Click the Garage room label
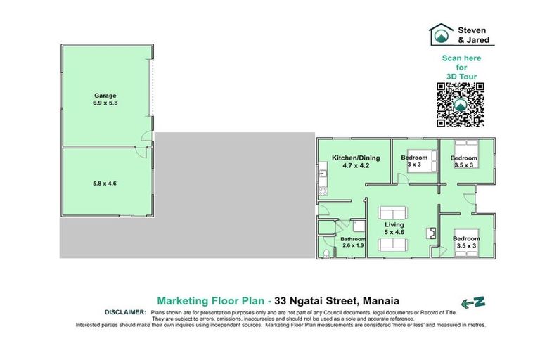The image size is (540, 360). pos(105,96)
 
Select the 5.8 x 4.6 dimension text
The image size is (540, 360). pos(105,182)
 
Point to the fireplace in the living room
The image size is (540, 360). pos(430,233)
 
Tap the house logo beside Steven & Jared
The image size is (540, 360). pos(442,34)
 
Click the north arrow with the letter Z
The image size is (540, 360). pos(473,302)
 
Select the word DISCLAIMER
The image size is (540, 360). pos(125,311)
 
